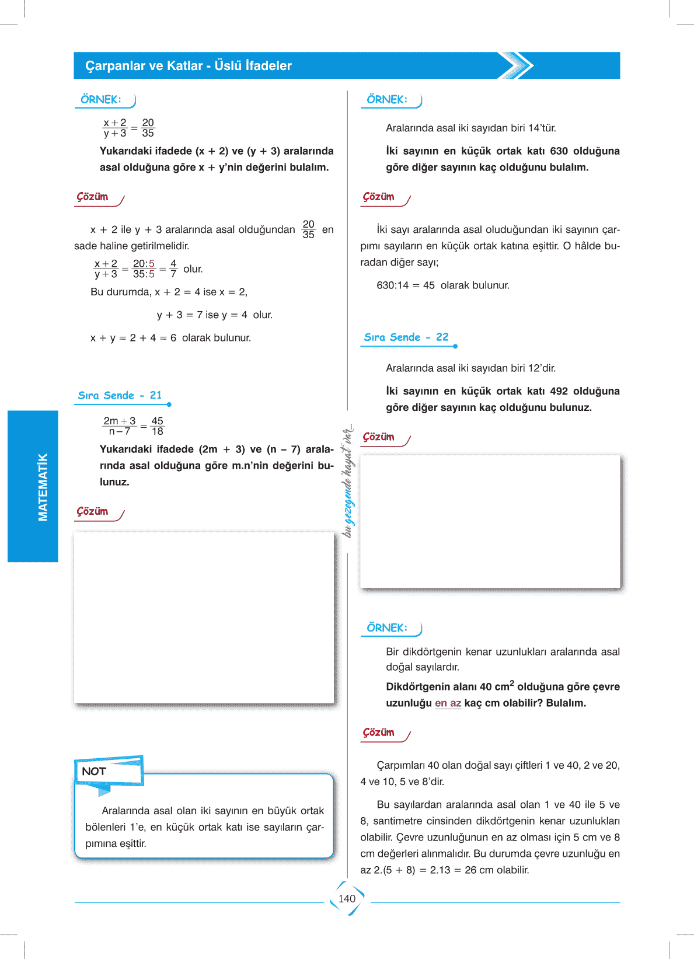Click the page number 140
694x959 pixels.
347,899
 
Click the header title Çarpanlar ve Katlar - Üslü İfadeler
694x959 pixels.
189,66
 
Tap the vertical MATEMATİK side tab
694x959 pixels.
43,487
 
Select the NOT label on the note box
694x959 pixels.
94,772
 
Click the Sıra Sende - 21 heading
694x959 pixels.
120,396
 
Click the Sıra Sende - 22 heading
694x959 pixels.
406,337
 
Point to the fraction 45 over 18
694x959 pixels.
157,426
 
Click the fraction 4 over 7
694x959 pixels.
173,269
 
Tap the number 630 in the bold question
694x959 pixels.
559,151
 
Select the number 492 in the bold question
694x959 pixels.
559,391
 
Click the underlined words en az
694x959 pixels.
448,703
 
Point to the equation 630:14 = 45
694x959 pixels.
406,285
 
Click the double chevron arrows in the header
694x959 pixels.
517,65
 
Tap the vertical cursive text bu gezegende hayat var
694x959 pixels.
348,481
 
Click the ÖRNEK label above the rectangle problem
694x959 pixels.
387,628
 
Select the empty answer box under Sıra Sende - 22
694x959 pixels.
490,521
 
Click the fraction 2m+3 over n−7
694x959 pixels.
120,426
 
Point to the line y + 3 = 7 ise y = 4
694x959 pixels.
214,315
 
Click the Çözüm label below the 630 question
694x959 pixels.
379,197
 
